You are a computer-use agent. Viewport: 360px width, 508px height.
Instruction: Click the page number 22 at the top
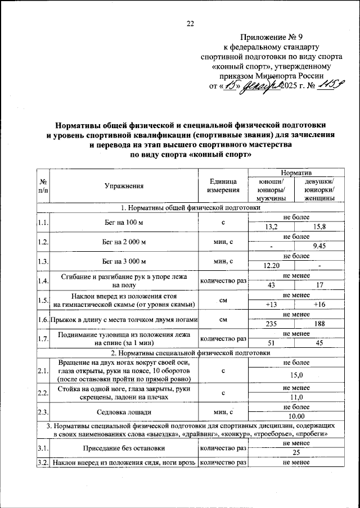(190, 23)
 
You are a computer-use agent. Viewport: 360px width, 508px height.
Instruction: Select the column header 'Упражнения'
(124, 185)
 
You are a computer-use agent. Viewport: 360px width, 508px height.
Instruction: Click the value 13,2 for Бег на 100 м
(271, 226)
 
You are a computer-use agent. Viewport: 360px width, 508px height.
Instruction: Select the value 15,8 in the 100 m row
(319, 226)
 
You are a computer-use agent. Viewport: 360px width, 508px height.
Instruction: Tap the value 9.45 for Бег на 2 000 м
(319, 246)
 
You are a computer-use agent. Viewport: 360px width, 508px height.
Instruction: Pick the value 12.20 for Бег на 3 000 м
(271, 265)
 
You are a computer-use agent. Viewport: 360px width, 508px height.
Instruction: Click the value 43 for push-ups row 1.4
(271, 285)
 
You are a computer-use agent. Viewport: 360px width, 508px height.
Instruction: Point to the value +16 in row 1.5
(319, 304)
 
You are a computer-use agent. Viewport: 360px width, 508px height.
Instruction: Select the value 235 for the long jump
(271, 324)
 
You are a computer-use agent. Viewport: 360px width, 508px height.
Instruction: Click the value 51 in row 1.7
(271, 343)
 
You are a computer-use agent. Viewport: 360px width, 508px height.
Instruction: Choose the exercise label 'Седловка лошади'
(124, 412)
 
